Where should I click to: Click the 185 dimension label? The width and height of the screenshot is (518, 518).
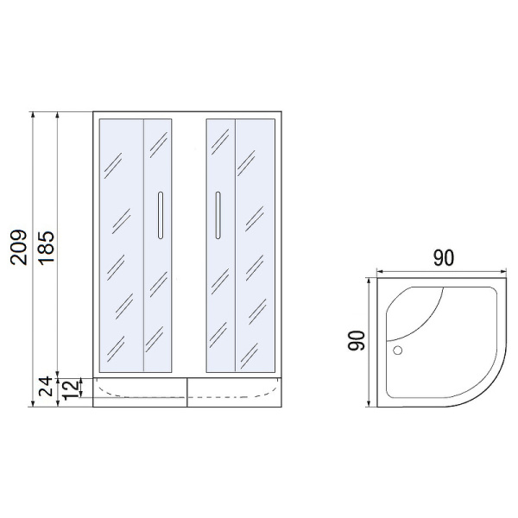46,248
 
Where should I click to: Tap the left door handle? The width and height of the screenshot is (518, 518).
159,214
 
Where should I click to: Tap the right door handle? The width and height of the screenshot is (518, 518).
218,213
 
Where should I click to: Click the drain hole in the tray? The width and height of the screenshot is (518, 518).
398,351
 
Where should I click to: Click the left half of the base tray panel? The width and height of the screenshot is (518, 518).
140,391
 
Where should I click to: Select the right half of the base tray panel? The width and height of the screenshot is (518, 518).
235,391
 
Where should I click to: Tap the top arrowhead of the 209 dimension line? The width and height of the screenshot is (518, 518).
33,115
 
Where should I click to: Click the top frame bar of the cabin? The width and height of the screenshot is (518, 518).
187,114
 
